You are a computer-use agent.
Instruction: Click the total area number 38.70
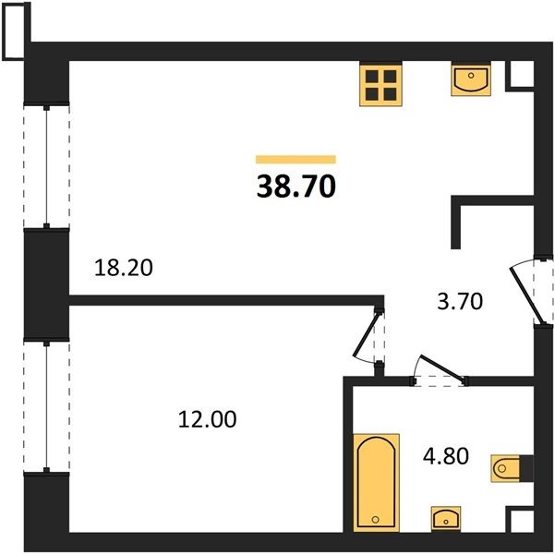296,187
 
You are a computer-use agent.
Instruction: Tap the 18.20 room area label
124,268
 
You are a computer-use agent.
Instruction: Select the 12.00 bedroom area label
207,419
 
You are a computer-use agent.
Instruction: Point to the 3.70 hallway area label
460,302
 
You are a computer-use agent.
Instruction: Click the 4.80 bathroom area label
446,455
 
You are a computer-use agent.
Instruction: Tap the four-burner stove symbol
380,84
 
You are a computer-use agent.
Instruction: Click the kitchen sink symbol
471,78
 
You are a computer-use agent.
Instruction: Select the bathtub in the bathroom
376,483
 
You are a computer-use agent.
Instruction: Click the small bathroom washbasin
446,519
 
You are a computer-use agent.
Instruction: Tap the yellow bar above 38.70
296,160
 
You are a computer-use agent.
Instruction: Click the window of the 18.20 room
46,166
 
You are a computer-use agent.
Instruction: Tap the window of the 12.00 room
46,407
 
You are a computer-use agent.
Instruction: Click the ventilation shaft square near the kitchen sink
519,76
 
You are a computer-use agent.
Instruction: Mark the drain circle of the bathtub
376,519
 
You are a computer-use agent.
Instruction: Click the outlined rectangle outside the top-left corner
17,31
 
